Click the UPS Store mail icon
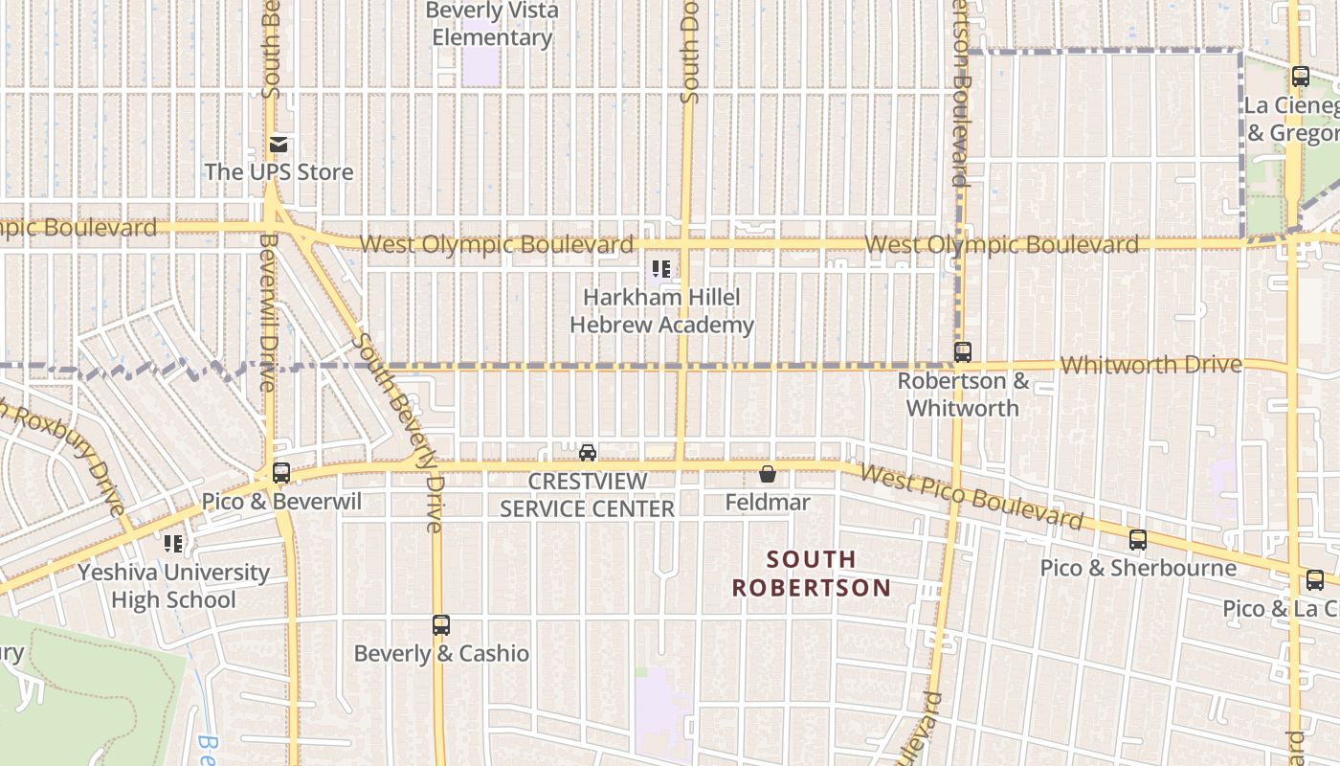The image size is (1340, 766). (x=279, y=145)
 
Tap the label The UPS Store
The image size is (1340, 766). (x=279, y=172)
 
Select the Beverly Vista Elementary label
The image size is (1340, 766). (x=492, y=25)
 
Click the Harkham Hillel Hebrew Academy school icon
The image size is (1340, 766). (x=660, y=269)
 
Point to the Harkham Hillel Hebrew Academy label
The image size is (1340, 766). (x=661, y=311)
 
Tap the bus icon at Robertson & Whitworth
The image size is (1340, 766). (x=962, y=352)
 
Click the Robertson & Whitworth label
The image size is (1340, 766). (x=963, y=394)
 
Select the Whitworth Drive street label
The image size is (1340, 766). (x=1151, y=365)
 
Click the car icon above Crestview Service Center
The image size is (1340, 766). (x=588, y=452)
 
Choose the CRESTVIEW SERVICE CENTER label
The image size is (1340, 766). (x=588, y=495)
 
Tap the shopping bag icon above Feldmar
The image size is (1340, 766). (x=767, y=474)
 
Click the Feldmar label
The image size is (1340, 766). (x=768, y=502)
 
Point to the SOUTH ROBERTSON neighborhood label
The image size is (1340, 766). (x=811, y=573)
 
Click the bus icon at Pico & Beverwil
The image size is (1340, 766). (x=280, y=472)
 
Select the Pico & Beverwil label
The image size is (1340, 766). (x=281, y=502)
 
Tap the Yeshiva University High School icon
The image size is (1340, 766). (x=173, y=544)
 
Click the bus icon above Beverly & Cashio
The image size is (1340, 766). (x=440, y=625)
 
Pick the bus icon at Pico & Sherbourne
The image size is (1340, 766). (x=1137, y=540)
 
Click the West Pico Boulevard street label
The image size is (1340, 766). (x=971, y=496)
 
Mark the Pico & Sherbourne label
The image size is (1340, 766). (x=1138, y=568)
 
